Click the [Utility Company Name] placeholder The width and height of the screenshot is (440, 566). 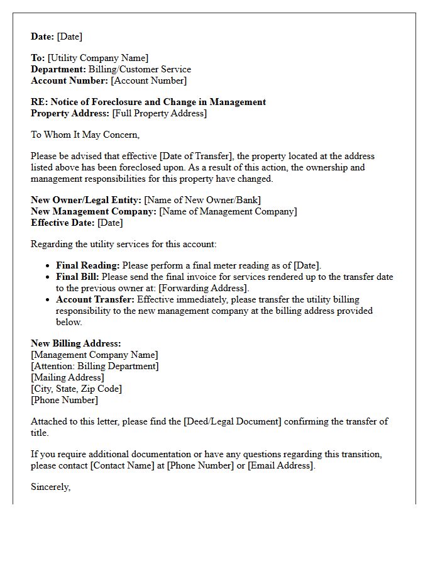98,58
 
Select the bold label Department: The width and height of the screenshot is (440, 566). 58,69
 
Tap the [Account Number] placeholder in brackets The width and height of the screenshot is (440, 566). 149,80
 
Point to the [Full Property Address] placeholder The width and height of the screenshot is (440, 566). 159,113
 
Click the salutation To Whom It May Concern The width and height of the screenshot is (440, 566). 85,134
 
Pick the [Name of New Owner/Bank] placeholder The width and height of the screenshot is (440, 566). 202,200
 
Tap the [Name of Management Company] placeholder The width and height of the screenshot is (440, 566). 228,211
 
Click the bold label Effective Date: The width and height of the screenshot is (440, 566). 63,223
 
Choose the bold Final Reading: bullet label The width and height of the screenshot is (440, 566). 87,265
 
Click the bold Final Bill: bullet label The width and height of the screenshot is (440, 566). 77,277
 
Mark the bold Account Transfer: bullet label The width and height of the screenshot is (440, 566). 95,299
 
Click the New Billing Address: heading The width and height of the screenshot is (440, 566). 75,343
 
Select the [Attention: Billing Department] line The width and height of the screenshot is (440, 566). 95,366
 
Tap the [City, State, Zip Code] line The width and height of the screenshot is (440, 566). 76,389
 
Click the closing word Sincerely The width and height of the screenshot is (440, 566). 50,487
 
